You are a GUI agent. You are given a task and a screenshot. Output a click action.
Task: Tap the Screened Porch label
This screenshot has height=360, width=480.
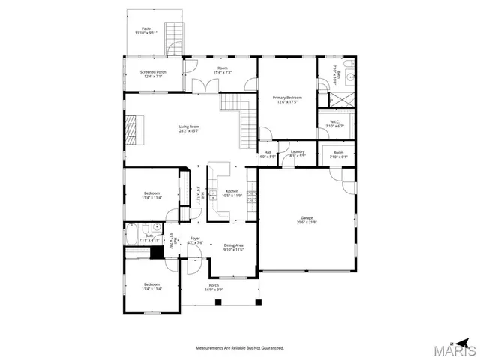coord(153,72)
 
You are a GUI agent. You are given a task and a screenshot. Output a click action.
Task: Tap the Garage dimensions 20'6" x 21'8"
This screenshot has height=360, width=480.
coord(307,223)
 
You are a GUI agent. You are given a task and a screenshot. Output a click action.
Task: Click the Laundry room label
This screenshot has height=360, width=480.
coord(298,152)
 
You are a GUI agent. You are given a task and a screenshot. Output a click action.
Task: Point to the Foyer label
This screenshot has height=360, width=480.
coord(195,238)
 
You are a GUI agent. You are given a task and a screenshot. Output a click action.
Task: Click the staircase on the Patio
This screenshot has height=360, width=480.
coord(175,37)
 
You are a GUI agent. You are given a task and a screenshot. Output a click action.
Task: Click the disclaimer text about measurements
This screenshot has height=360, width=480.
coord(240,348)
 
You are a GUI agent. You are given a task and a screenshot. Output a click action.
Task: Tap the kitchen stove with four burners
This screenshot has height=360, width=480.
coord(251,199)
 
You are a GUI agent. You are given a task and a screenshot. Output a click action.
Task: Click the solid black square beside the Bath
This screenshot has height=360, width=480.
coord(157,253)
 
